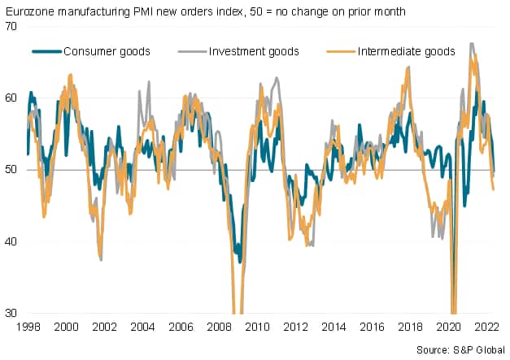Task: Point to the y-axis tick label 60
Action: coord(12,98)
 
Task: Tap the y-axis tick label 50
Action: coord(12,169)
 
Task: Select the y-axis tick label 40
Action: coord(12,241)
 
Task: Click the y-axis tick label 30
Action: coord(12,313)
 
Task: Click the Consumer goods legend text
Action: coord(107,51)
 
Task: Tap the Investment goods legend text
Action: coord(255,51)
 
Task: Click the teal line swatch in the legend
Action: coord(47,51)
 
